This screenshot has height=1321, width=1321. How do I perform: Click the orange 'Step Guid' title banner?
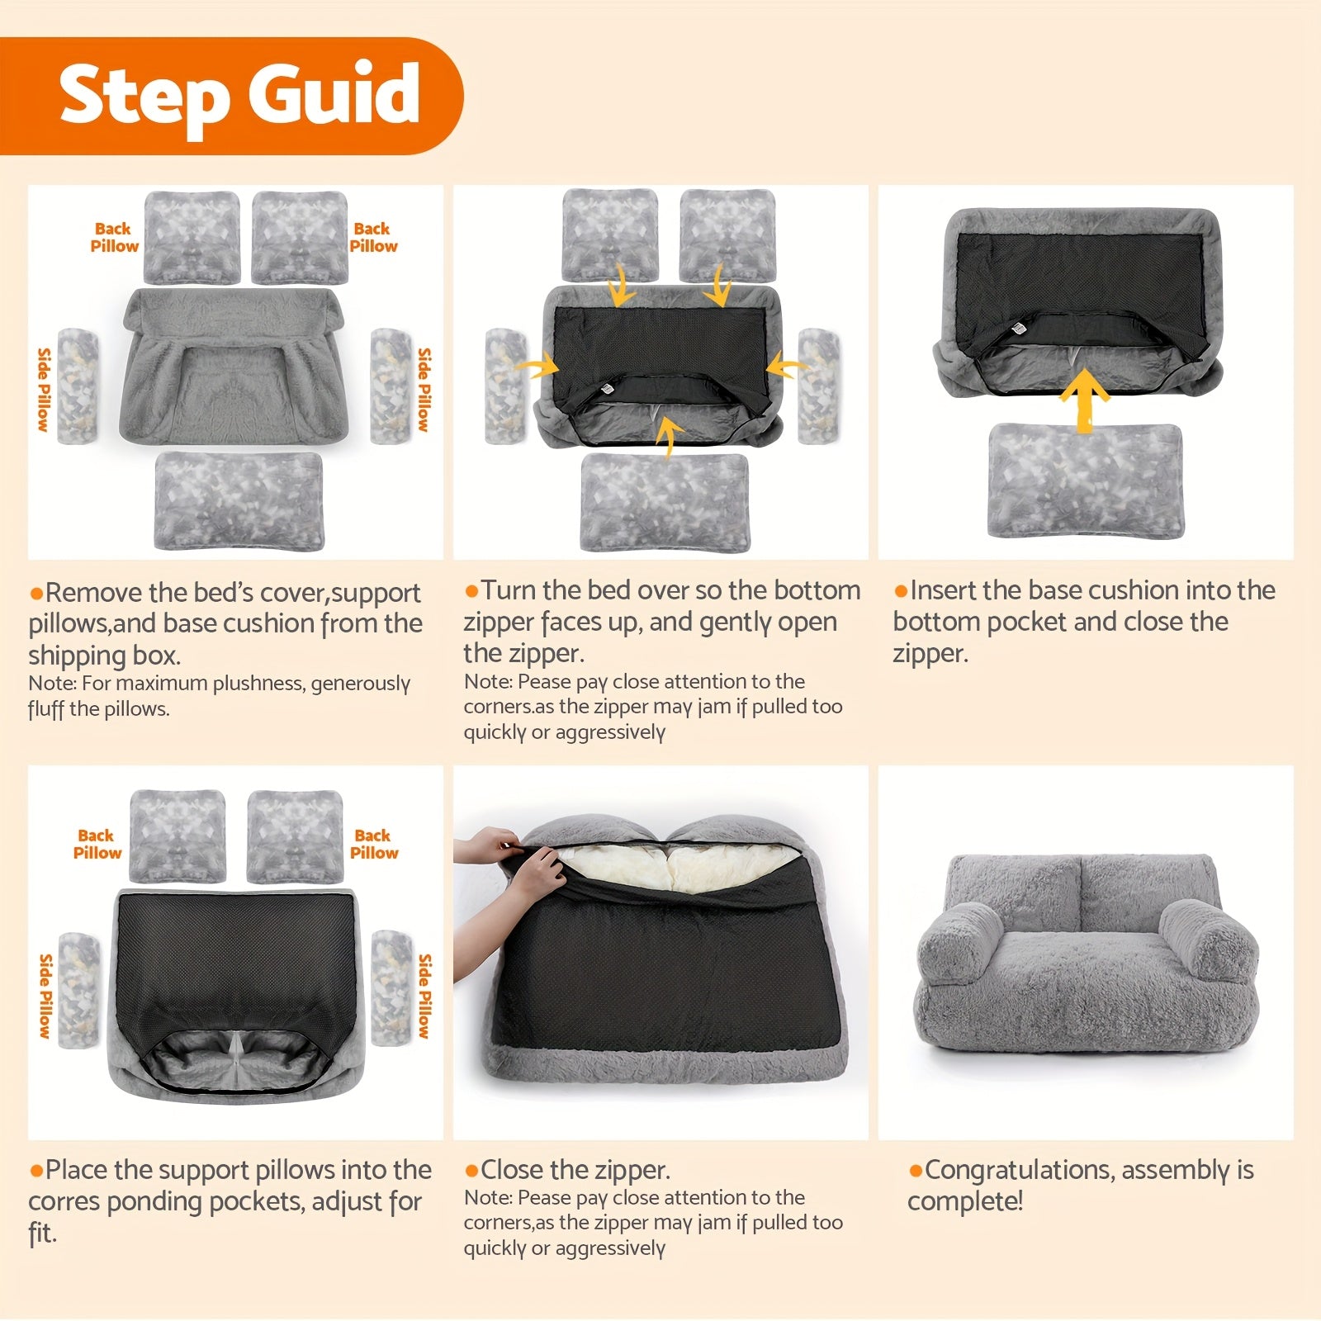231,96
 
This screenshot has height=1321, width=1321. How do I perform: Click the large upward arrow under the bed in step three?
1085,400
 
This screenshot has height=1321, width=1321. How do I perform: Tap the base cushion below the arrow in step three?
1085,480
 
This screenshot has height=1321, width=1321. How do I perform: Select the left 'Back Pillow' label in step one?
114,237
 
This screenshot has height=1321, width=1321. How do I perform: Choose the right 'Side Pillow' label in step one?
424,389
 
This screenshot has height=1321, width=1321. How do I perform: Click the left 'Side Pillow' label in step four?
45,995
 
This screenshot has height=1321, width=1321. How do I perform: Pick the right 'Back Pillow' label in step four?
374,844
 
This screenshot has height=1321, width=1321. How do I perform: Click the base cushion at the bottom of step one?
239,500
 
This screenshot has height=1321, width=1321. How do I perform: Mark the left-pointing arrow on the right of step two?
787,366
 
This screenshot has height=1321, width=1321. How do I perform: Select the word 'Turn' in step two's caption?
509,590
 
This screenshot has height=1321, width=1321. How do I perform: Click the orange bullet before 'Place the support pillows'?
36,1171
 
